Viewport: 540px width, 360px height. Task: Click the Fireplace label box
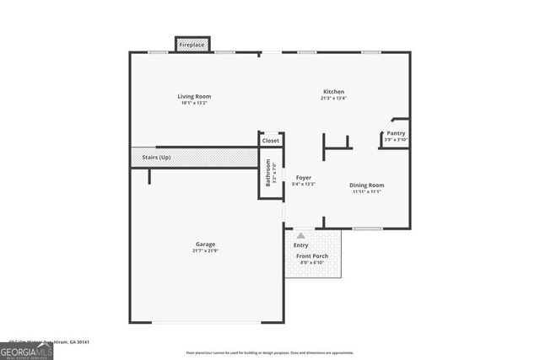click(192, 44)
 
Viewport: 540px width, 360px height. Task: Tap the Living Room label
click(193, 96)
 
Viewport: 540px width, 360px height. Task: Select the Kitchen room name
click(333, 92)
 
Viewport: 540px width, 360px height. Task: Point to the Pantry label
click(396, 133)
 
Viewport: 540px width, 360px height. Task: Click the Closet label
click(270, 141)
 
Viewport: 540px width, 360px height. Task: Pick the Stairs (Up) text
click(156, 157)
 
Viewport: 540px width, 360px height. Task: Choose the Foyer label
click(303, 178)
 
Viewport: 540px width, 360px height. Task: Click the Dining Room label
click(367, 185)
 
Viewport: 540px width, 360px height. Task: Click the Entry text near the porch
click(301, 245)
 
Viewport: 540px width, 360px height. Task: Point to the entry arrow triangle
click(301, 235)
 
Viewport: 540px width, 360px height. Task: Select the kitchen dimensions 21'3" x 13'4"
click(333, 99)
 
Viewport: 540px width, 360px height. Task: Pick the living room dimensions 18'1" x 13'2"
click(193, 103)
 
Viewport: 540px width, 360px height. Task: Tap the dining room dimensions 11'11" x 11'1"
click(367, 191)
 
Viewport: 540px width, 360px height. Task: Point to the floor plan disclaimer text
click(270, 353)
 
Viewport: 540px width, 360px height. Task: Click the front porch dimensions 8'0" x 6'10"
click(313, 262)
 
